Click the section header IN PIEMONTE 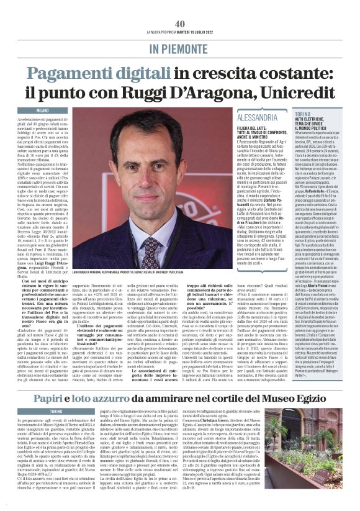[179, 48]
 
